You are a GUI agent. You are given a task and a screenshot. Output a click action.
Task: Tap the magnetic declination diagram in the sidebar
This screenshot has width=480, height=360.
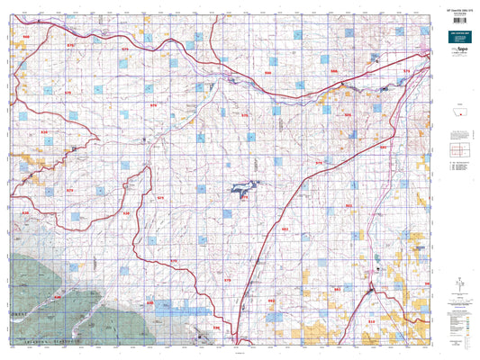click(461, 285)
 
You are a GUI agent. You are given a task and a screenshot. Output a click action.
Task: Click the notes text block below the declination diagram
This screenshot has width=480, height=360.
click(460, 310)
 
